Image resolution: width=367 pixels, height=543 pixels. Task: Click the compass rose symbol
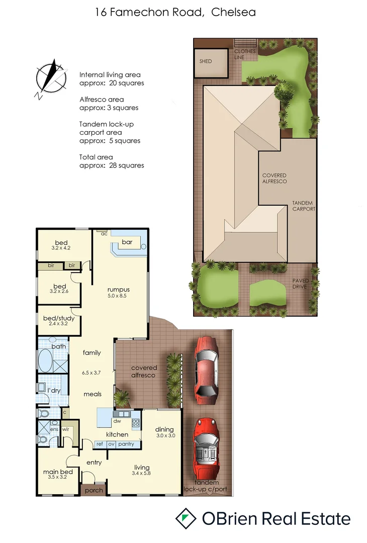point(50,79)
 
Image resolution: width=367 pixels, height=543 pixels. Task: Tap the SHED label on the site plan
point(206,61)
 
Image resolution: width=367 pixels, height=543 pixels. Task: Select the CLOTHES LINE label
point(245,54)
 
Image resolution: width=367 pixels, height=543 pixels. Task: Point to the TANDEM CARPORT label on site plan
point(304,206)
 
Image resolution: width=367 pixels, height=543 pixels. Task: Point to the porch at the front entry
point(94,490)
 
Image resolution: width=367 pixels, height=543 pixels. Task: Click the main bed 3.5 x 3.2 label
point(58,475)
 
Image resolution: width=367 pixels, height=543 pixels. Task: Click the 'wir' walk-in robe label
point(65,429)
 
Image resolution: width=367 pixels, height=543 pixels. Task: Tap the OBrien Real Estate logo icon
point(186,518)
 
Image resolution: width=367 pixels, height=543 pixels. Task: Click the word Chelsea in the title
point(233,12)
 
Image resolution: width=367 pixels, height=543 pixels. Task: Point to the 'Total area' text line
point(96,157)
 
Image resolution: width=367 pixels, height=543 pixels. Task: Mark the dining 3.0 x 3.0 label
point(164,432)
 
